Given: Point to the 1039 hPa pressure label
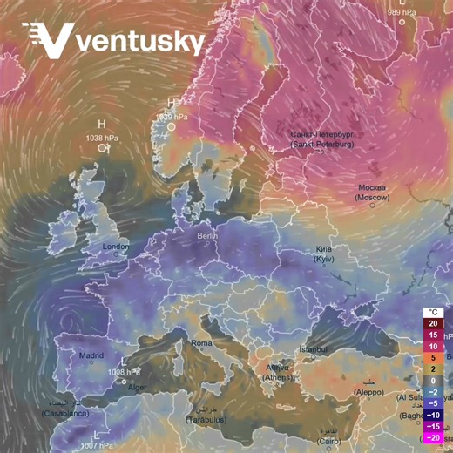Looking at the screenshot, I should [171, 116].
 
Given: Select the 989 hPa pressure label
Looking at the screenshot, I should [402, 12].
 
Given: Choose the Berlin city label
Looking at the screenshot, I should [206, 236].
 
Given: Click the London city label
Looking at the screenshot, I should [116, 247].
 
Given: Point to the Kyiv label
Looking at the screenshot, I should [324, 254].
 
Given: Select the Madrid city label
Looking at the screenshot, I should [91, 355].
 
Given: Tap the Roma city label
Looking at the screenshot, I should [201, 343].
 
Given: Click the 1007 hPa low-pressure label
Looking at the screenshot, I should [96, 445].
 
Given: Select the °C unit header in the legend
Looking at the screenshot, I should [433, 312].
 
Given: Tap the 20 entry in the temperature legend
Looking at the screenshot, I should [433, 323].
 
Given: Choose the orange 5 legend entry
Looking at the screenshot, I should [433, 357].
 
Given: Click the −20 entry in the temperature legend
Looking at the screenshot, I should [433, 437].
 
